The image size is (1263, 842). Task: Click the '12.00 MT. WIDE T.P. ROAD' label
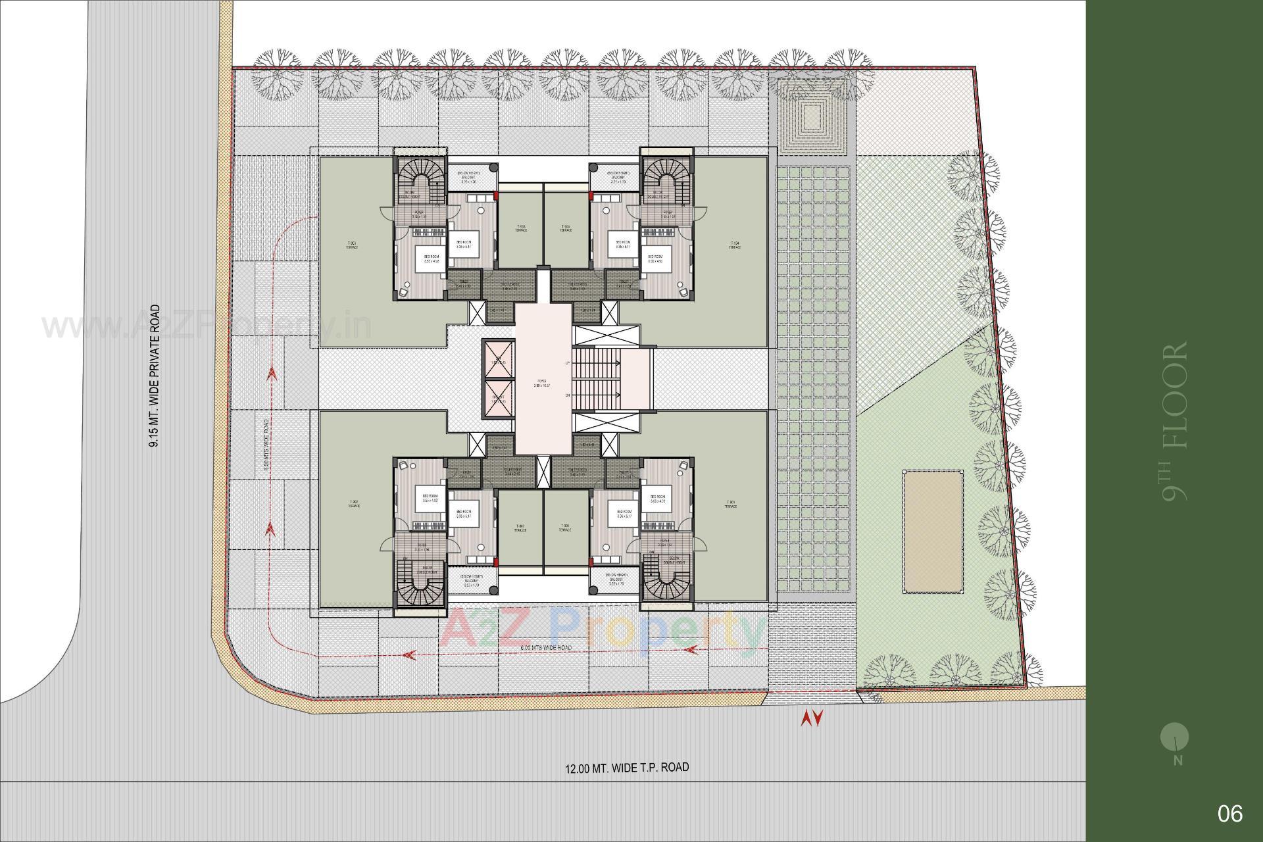(x=627, y=767)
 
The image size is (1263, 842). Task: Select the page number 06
(x=1229, y=814)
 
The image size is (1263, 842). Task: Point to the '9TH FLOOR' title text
(x=1175, y=421)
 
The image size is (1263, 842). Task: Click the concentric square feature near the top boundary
(x=812, y=118)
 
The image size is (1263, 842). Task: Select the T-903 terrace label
(x=353, y=245)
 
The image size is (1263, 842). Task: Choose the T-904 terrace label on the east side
(x=735, y=245)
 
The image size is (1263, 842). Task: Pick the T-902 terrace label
(x=353, y=505)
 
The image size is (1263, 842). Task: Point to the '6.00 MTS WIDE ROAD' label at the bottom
(x=545, y=648)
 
